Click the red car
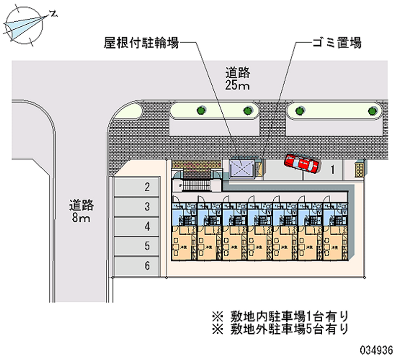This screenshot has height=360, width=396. coord(302,163)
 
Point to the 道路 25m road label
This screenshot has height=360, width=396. coord(238,79)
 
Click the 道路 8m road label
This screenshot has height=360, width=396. coord(82,210)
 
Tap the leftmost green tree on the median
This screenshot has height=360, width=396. coord(201,110)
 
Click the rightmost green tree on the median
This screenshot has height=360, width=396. coord(372,110)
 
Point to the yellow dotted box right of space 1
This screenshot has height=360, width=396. coord(360,169)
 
